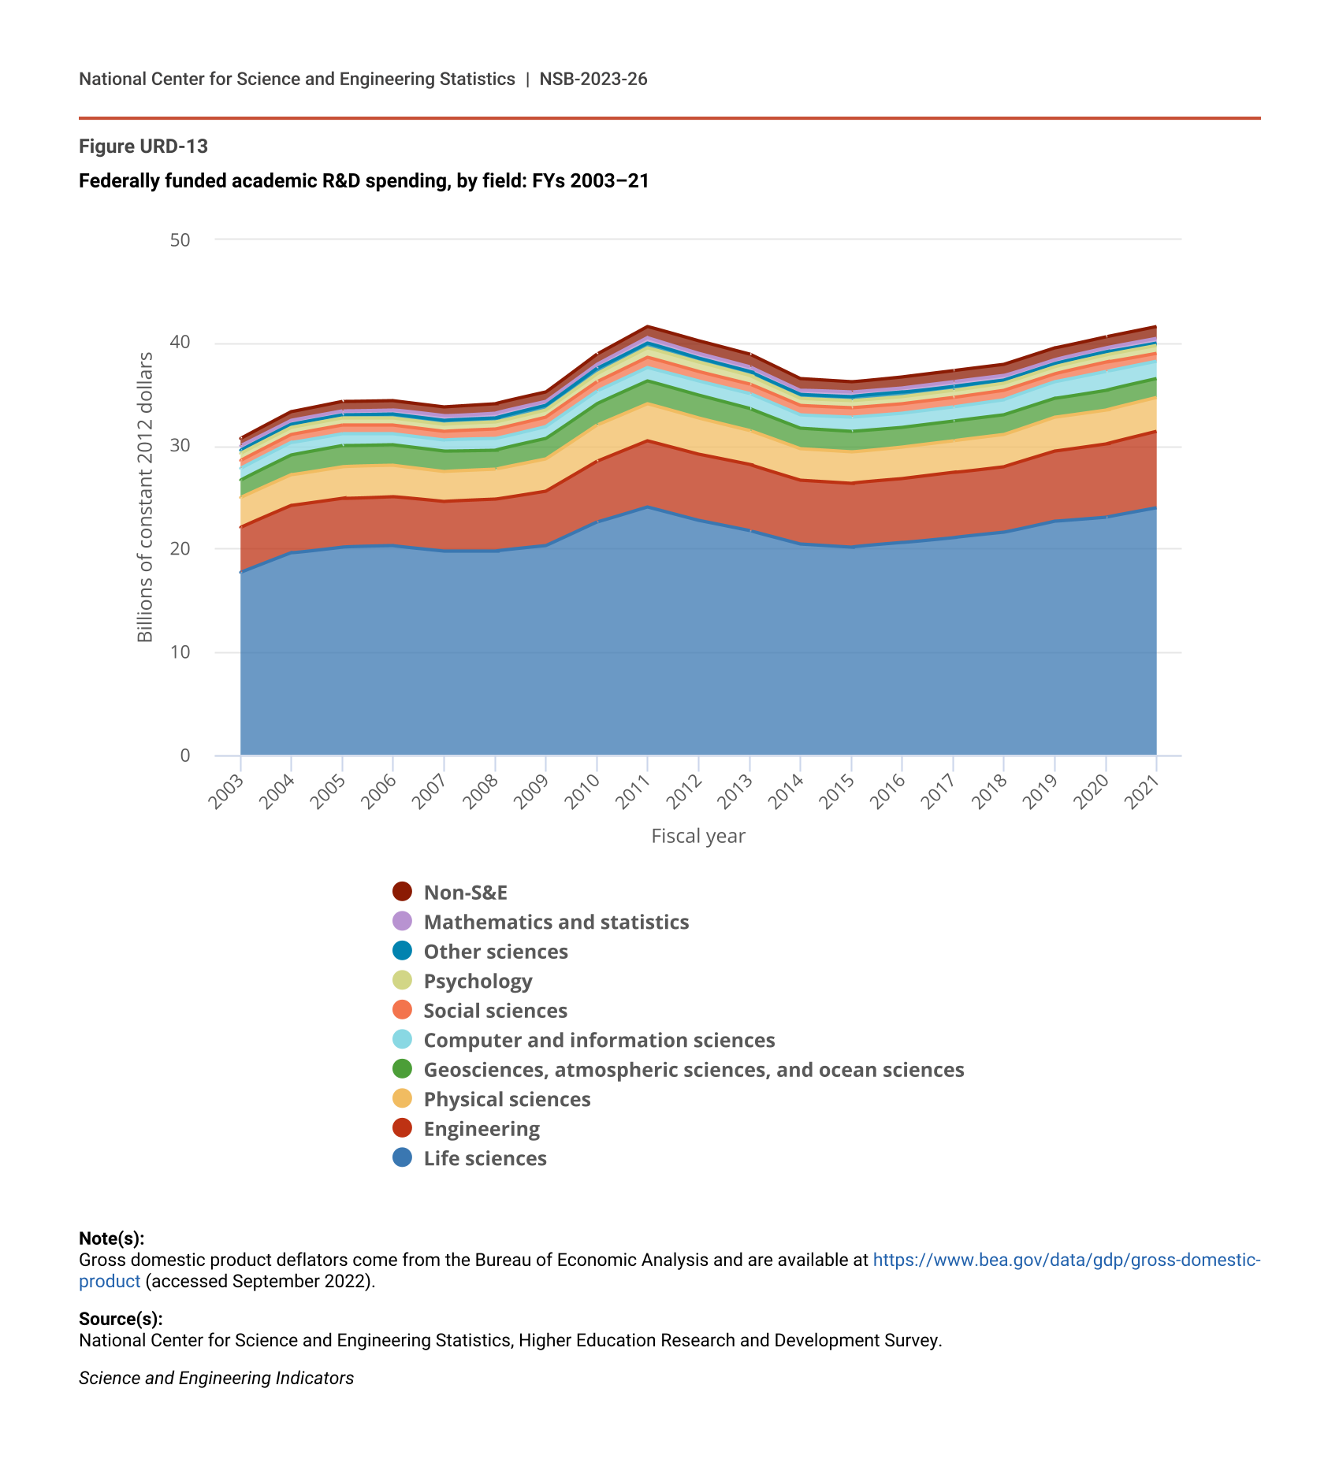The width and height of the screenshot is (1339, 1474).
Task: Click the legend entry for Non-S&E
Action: pos(465,893)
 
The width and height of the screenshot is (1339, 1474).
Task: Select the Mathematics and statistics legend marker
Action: pos(403,922)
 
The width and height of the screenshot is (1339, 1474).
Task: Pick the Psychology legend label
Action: pos(478,982)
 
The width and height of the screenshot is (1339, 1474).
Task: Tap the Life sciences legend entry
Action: pos(485,1159)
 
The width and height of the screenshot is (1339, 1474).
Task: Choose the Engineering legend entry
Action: pos(482,1129)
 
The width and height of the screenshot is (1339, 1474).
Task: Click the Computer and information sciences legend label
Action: pos(599,1041)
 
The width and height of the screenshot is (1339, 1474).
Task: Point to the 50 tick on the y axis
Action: pos(180,239)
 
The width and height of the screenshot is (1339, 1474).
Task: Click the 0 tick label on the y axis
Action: pos(185,756)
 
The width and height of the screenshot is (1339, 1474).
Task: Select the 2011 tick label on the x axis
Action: pos(632,793)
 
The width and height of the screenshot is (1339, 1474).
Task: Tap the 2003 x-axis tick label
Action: pos(225,793)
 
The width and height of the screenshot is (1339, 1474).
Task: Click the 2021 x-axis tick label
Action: pos(1141,793)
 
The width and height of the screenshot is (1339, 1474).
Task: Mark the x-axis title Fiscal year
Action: pos(697,836)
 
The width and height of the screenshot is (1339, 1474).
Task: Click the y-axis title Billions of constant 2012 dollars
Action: pos(145,497)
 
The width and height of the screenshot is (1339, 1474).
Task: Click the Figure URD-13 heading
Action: pos(143,147)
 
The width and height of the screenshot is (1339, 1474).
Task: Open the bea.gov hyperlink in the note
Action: pos(1066,1260)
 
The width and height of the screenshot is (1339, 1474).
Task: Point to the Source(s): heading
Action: pos(121,1319)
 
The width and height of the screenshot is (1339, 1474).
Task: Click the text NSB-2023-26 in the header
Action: pos(593,79)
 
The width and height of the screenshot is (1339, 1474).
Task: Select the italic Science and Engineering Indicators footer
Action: pos(216,1378)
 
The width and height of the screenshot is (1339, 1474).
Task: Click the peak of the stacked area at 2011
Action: pos(647,326)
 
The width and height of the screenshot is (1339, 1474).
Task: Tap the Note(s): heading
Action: pos(111,1238)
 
